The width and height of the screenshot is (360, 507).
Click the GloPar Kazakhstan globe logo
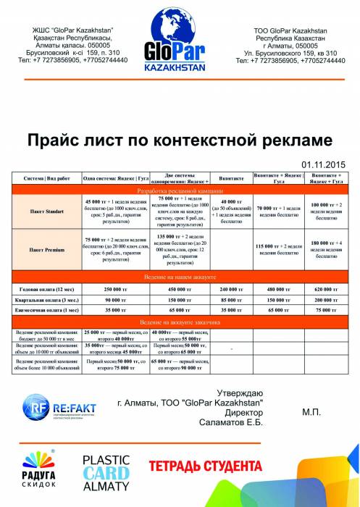[x=180, y=46]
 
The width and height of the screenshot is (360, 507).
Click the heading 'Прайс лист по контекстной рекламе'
[x=179, y=140]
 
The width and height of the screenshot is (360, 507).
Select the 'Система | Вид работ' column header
[x=46, y=177]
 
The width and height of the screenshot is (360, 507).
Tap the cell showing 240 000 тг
[x=231, y=288]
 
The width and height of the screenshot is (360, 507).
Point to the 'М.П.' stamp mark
[x=312, y=411]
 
